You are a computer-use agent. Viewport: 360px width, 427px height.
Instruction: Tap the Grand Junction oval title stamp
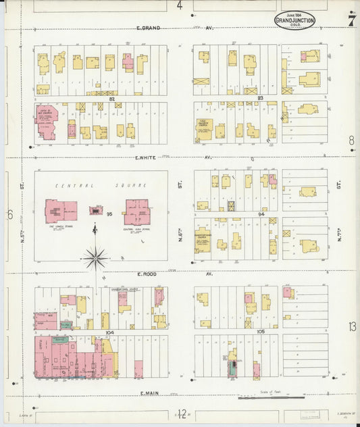pos(294,20)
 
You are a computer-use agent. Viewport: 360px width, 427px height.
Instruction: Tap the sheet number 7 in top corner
pos(351,20)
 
